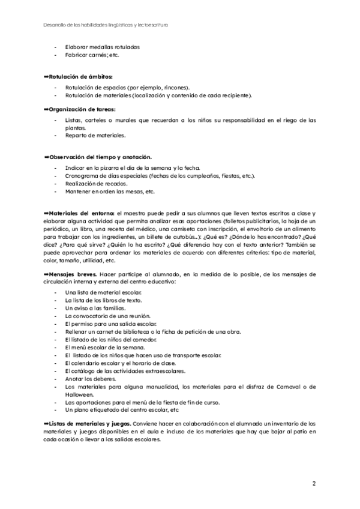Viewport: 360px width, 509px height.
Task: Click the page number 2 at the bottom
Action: (314, 483)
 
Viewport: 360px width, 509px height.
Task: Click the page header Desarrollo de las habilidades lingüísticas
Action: (106, 26)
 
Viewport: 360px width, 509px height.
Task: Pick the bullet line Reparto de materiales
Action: (91, 136)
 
